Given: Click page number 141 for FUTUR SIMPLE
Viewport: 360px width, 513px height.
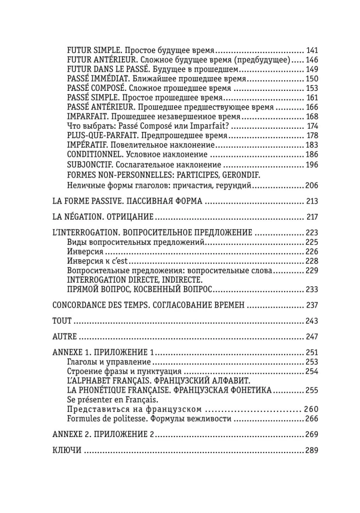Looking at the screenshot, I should (x=312, y=50).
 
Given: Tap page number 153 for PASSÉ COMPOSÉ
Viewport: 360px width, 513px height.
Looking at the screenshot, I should (x=312, y=88).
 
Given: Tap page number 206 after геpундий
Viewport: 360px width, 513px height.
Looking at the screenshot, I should (x=312, y=185).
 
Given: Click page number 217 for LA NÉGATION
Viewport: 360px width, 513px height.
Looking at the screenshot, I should (x=312, y=218).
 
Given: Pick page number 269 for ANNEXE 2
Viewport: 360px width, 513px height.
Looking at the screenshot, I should (x=312, y=435).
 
